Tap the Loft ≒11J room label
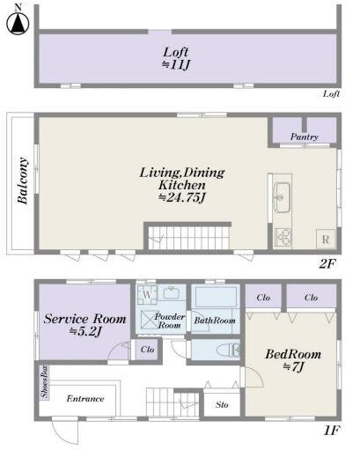[175, 58]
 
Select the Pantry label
[305, 136]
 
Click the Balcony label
[23, 181]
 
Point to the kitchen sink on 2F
[283, 197]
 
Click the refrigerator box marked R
[326, 240]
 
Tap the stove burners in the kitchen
[283, 237]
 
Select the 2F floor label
[327, 264]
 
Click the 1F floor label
[332, 431]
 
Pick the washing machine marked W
[147, 295]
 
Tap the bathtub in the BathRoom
[216, 298]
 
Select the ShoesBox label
[45, 381]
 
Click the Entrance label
[85, 398]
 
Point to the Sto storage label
[222, 405]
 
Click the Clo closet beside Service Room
[147, 350]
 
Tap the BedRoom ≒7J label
[293, 360]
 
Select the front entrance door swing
[65, 430]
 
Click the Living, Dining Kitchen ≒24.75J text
[182, 185]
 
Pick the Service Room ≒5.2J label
[84, 325]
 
